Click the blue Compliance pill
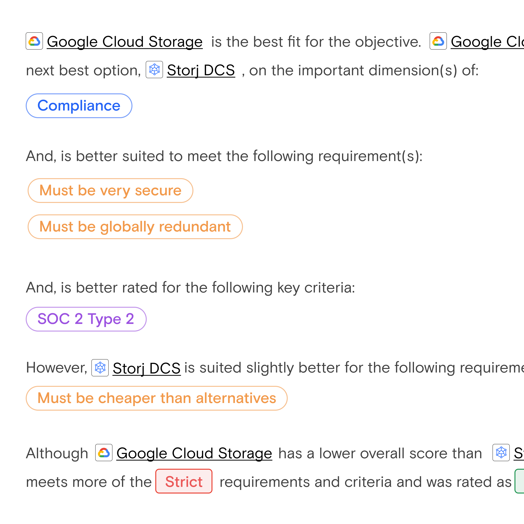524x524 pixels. pos(79,106)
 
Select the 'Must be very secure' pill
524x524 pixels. pos(110,190)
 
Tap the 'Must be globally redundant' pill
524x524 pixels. pos(135,227)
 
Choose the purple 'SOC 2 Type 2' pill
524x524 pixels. pos(86,319)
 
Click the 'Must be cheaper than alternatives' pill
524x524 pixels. pos(156,398)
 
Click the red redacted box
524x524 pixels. pos(184,481)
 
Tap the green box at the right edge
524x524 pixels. pos(520,481)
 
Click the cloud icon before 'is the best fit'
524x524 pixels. pos(34,41)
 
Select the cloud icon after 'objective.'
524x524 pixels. pos(438,41)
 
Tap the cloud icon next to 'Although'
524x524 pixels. pos(104,452)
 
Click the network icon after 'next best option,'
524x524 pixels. pos(154,70)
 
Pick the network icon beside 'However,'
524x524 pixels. pos(100,368)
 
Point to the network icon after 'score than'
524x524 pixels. pos(501,452)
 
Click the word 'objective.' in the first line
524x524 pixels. pos(388,42)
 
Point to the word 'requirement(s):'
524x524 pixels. pos(370,156)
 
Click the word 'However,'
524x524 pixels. pos(57,368)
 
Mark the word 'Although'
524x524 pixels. pos(57,453)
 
